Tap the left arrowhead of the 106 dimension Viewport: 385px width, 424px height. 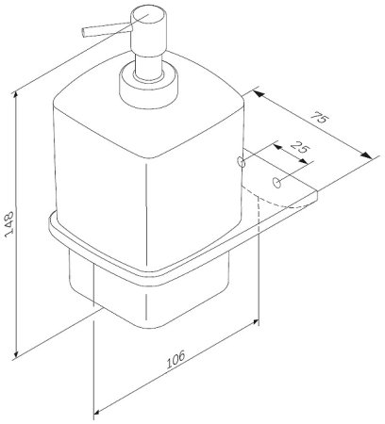[x=94, y=411]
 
